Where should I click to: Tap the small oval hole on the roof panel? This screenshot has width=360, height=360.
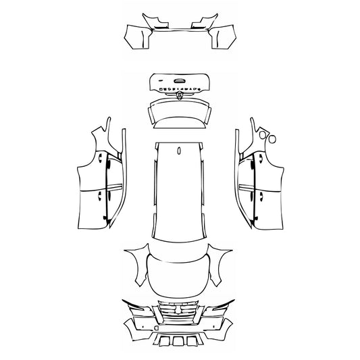point(178,151)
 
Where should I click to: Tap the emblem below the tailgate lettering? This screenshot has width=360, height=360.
point(180,96)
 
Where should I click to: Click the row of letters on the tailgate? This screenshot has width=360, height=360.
point(180,88)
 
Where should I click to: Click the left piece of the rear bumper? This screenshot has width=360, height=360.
point(138,35)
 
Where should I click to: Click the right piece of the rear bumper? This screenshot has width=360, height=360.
point(221,35)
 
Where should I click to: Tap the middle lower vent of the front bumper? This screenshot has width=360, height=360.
point(179,342)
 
